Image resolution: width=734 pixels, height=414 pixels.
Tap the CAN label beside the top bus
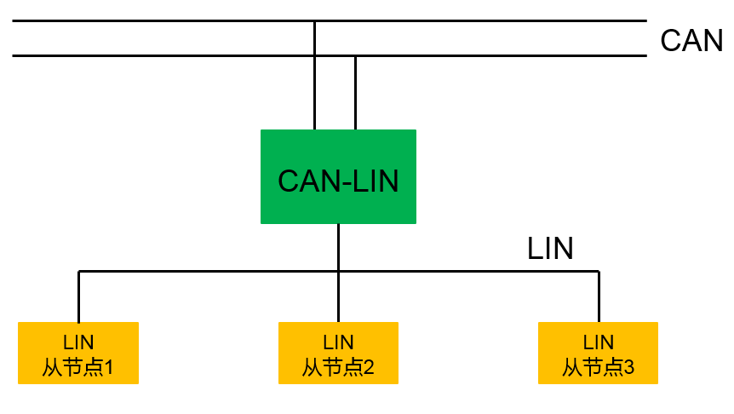(x=691, y=41)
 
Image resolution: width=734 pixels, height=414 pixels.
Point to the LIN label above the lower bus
(x=550, y=248)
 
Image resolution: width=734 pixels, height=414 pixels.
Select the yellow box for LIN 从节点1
(x=78, y=353)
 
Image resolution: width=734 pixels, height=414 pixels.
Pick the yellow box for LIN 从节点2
(x=338, y=353)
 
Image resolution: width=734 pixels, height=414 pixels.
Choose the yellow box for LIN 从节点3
(x=598, y=353)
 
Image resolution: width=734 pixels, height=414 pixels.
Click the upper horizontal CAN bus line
(x=170, y=20)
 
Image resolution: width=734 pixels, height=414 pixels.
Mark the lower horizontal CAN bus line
(x=170, y=56)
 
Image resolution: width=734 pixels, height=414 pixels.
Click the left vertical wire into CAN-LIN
(x=314, y=94)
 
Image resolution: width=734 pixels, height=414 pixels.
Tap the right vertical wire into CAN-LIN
(x=355, y=94)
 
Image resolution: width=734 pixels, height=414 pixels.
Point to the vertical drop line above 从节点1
(x=78, y=296)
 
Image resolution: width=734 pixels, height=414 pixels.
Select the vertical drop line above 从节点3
(x=599, y=296)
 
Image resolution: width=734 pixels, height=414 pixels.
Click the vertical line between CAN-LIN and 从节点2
(x=338, y=294)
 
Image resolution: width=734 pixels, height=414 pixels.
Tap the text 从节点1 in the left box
(x=78, y=368)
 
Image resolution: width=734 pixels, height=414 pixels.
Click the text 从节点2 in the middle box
(x=338, y=368)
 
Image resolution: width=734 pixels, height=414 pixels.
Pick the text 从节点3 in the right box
(x=598, y=368)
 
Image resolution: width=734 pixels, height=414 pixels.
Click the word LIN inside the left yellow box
(x=78, y=342)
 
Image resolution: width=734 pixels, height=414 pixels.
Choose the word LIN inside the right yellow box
(x=598, y=342)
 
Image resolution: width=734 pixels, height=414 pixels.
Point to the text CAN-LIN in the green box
(x=338, y=181)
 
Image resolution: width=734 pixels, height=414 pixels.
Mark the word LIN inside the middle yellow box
(x=338, y=342)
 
